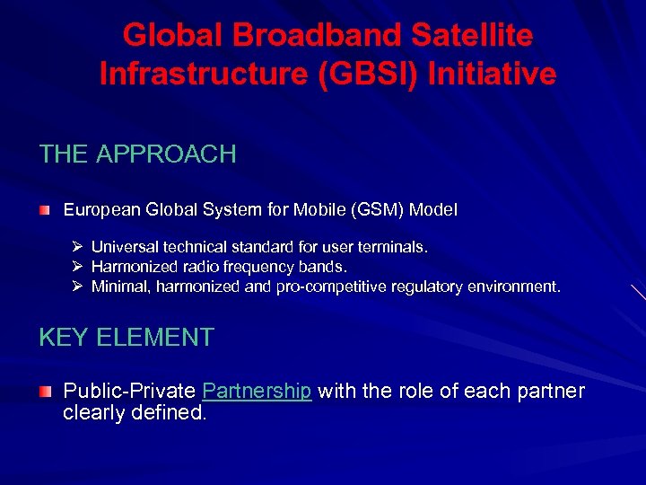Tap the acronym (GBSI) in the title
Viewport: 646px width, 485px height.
pyautogui.click(x=368, y=73)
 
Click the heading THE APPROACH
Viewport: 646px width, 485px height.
pyautogui.click(x=137, y=154)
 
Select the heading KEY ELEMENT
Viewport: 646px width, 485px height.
pyautogui.click(x=127, y=337)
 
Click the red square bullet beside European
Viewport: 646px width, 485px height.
pyautogui.click(x=45, y=209)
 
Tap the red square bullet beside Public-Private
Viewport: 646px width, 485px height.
pyautogui.click(x=45, y=392)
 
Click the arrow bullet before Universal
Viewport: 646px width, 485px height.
pyautogui.click(x=78, y=246)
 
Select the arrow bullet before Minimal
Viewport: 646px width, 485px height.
pyautogui.click(x=78, y=287)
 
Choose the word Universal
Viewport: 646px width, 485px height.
pyautogui.click(x=123, y=246)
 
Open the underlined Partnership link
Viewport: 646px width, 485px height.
pyautogui.click(x=257, y=392)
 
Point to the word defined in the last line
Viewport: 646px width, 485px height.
pyautogui.click(x=171, y=414)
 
